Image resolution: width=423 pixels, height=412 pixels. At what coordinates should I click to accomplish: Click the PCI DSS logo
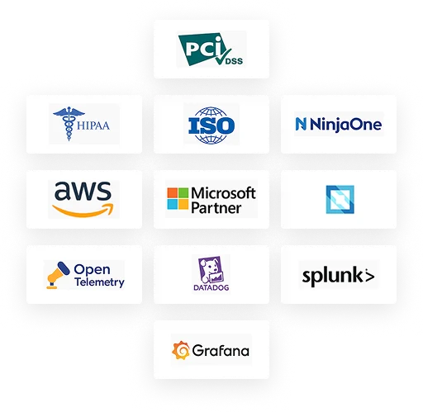coord(211,50)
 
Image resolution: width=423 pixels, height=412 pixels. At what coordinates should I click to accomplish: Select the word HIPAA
coord(93,125)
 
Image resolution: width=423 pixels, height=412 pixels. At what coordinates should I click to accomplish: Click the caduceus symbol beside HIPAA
coord(69,123)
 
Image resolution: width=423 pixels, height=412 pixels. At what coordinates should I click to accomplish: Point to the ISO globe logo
coord(211,125)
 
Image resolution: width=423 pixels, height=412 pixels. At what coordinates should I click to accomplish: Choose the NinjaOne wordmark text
coord(345,125)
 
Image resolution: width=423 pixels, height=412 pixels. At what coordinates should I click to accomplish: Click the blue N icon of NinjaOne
coord(301,124)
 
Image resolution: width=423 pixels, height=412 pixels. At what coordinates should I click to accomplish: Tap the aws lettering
coord(83,191)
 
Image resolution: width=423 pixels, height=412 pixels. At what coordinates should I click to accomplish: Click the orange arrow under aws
coord(83,210)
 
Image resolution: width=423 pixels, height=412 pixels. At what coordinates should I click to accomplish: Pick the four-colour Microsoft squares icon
coord(178,198)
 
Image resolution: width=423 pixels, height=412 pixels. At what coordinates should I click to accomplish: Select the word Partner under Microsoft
coord(216,208)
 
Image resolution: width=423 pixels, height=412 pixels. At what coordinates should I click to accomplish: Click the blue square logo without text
coord(340,200)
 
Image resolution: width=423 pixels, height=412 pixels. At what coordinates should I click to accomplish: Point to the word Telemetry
coord(99,282)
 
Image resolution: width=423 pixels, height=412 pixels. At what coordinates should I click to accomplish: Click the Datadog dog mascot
coord(211,270)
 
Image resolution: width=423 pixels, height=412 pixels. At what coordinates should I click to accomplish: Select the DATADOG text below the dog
coord(211,287)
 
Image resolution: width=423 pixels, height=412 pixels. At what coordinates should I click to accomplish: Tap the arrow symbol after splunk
coord(369,276)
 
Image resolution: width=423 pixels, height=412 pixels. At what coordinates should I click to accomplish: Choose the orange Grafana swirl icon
coord(181,350)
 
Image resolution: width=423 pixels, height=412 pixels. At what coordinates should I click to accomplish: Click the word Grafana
coord(221,350)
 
